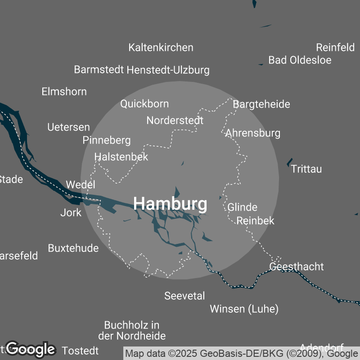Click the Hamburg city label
(x=170, y=204)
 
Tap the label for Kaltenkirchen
(x=161, y=47)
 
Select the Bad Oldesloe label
(x=300, y=60)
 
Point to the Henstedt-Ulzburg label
(x=168, y=70)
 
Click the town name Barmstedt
(x=99, y=70)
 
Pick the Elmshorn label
(x=64, y=91)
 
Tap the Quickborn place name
(x=144, y=103)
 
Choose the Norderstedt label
(x=175, y=120)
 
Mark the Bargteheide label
(x=261, y=104)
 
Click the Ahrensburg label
(x=253, y=133)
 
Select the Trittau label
(x=306, y=169)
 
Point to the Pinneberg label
(x=107, y=140)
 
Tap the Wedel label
(x=81, y=184)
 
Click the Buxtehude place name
(x=73, y=248)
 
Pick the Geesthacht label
(x=296, y=266)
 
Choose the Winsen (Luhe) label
(x=244, y=309)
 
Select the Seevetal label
(x=184, y=296)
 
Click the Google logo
(x=31, y=349)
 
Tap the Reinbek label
(x=255, y=220)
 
